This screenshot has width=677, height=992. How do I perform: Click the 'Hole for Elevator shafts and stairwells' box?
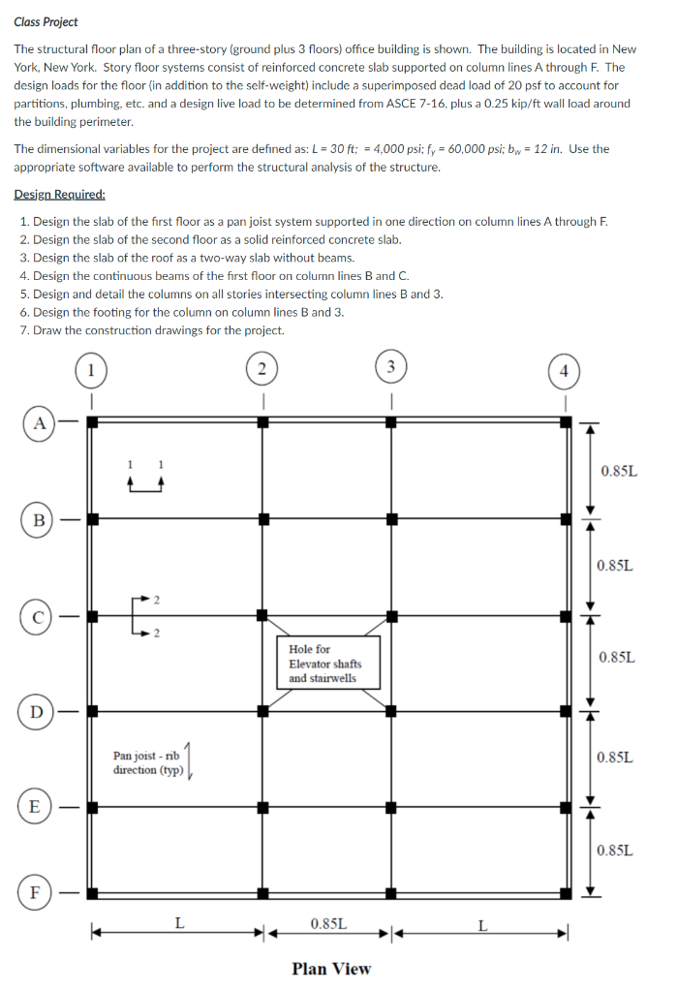[330, 664]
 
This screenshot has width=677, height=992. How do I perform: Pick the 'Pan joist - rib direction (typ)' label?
[149, 762]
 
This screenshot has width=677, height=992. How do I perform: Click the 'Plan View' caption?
[330, 969]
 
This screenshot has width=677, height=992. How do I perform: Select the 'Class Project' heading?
[46, 21]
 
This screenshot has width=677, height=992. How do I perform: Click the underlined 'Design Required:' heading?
[59, 194]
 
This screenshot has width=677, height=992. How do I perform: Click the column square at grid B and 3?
[391, 518]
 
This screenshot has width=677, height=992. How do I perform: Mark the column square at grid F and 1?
[92, 892]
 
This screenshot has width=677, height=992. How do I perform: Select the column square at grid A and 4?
[566, 421]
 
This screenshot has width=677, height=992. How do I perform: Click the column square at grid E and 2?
[262, 806]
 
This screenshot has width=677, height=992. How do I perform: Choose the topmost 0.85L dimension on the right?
[618, 471]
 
